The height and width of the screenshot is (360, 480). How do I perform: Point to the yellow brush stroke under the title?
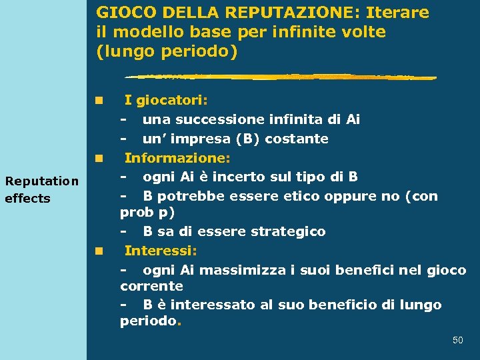point(280,77)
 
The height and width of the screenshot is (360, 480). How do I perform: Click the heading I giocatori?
point(166,101)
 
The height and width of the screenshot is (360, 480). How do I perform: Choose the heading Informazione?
point(177,158)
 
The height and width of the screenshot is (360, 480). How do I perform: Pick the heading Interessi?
point(161,251)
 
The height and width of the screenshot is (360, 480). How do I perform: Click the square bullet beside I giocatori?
point(98,101)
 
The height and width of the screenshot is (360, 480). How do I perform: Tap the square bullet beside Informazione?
point(98,159)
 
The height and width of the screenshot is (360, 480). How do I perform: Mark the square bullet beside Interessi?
point(98,251)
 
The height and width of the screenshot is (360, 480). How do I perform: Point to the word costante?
point(297,139)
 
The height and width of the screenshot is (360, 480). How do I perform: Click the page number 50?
point(457,341)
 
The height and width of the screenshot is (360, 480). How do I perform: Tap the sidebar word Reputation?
point(41,181)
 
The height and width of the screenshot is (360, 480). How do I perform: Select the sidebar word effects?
point(27,198)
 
